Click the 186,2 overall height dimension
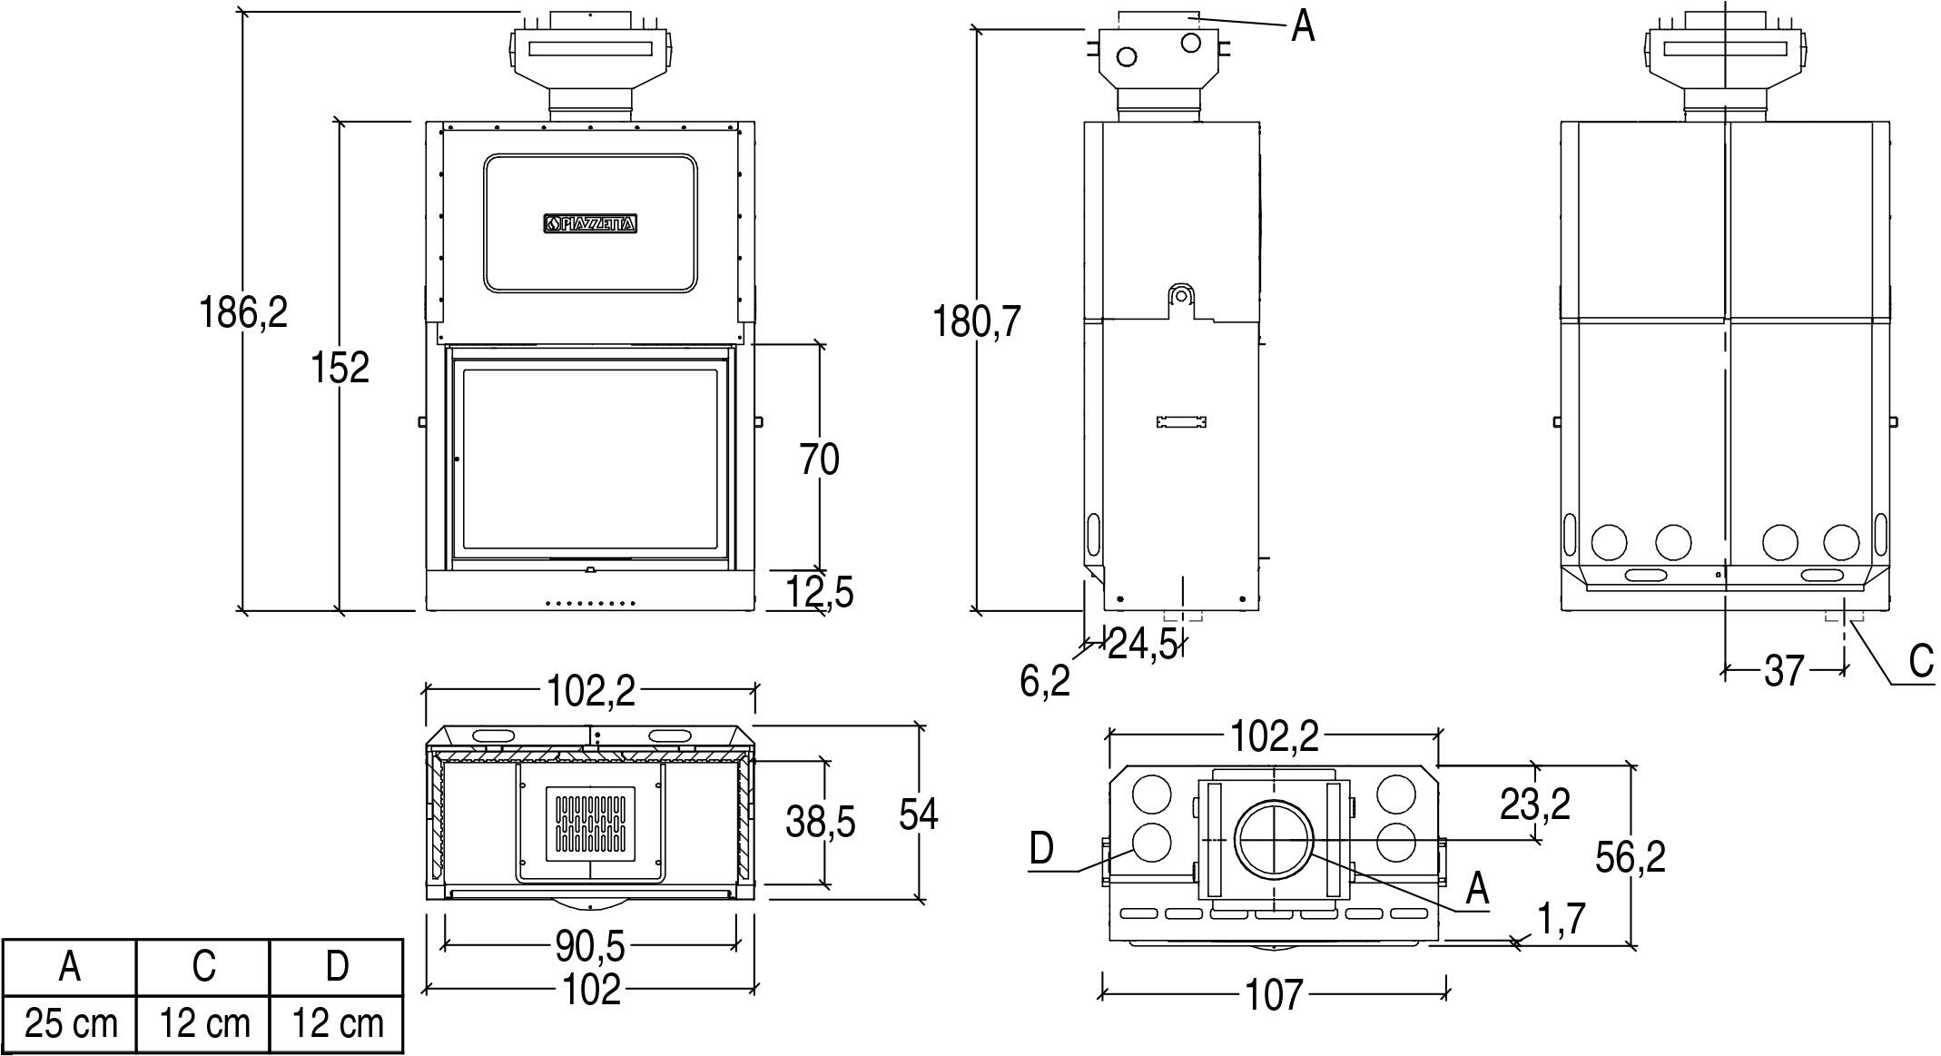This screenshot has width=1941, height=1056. [242, 312]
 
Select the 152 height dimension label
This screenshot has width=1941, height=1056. [340, 368]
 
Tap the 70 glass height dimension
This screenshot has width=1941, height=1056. [819, 459]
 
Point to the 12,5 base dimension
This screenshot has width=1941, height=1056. [819, 592]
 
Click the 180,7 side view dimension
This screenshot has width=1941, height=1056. [978, 321]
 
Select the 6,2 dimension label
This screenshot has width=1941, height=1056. [1045, 681]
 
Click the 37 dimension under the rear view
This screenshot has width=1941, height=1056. [1783, 671]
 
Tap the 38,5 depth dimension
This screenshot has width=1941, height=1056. [820, 823]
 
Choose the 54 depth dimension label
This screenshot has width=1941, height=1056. [918, 814]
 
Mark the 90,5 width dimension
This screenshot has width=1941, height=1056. [590, 947]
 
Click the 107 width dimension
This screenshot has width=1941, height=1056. [1275, 994]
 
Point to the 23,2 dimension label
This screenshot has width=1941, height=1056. [1534, 804]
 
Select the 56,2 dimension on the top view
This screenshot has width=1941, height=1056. [1631, 856]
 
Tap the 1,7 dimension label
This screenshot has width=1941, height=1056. [1561, 919]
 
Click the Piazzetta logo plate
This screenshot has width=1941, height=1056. [590, 224]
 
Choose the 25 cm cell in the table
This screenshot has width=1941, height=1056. [71, 1024]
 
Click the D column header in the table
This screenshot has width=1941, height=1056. [337, 966]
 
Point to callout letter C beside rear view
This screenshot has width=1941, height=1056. [1921, 661]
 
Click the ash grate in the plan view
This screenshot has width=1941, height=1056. [590, 824]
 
